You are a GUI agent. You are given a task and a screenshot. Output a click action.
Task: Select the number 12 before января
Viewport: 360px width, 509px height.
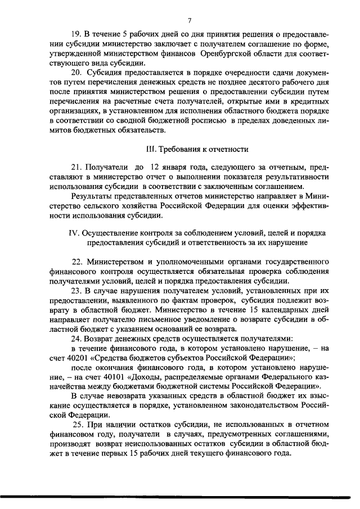click(x=156, y=168)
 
